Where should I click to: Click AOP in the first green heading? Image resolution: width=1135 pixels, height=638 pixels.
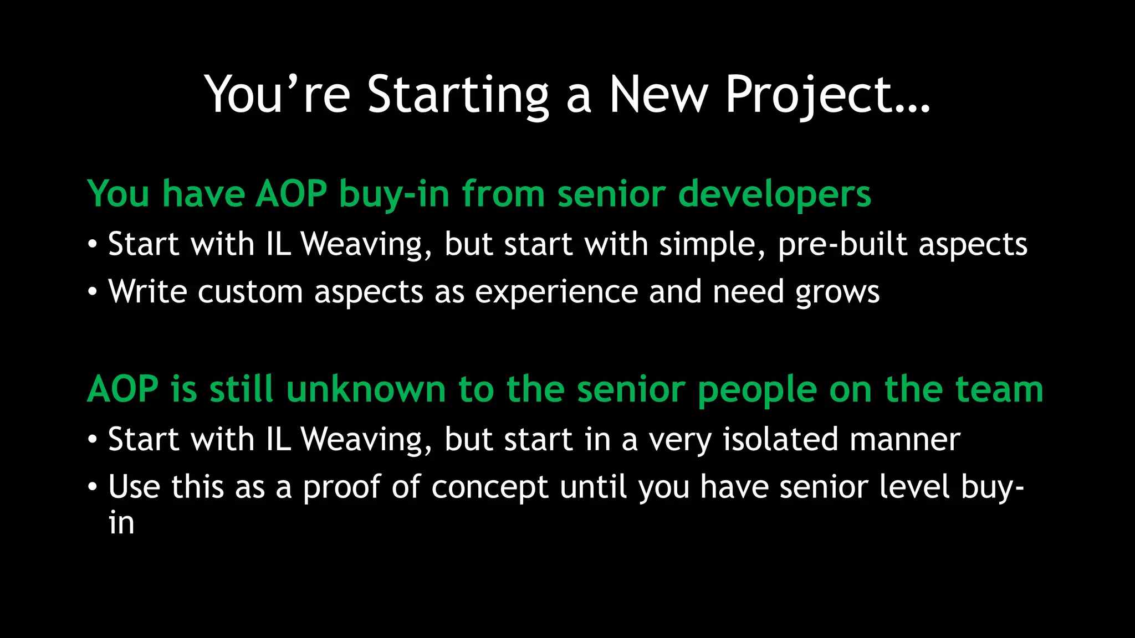(x=291, y=194)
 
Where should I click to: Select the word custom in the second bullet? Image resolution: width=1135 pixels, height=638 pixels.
(x=250, y=292)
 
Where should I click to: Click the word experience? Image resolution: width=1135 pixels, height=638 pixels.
(x=556, y=292)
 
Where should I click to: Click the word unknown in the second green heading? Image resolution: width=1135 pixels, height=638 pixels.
(x=366, y=389)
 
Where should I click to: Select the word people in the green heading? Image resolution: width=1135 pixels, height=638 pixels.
(x=757, y=390)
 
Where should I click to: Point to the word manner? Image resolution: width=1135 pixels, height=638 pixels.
(x=904, y=439)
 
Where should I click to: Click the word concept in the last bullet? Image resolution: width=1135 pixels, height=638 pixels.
(x=490, y=488)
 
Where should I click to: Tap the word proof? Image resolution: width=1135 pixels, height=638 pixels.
(x=341, y=488)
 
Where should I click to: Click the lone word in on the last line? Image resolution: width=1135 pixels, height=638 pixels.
(x=121, y=523)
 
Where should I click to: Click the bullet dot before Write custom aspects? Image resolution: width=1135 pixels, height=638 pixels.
(x=93, y=292)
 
